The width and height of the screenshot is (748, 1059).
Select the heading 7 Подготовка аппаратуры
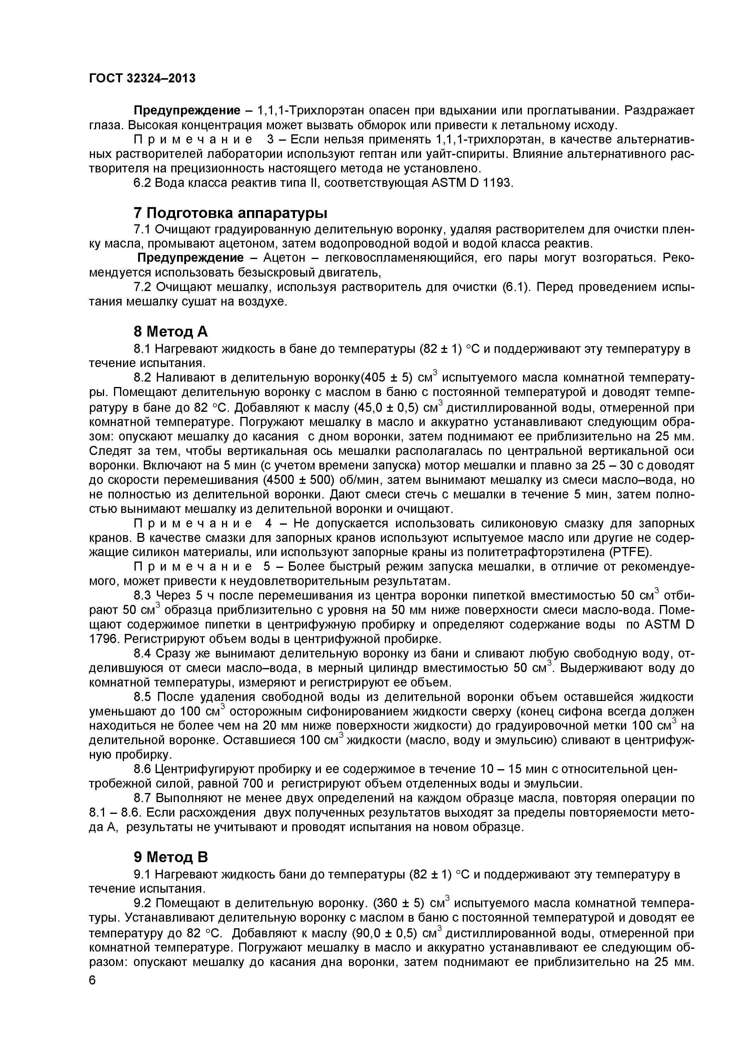click(230, 213)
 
